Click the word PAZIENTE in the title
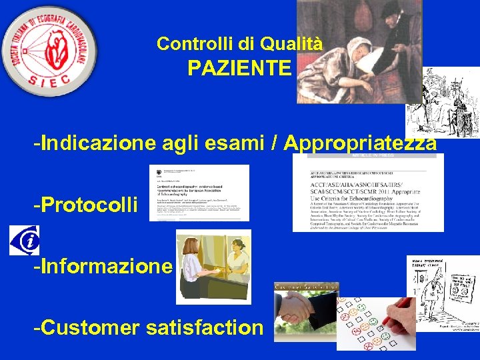click(239, 68)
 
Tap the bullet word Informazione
click(104, 266)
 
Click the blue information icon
click(24, 240)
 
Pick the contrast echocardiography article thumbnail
click(199, 193)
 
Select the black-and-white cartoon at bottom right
click(443, 293)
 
